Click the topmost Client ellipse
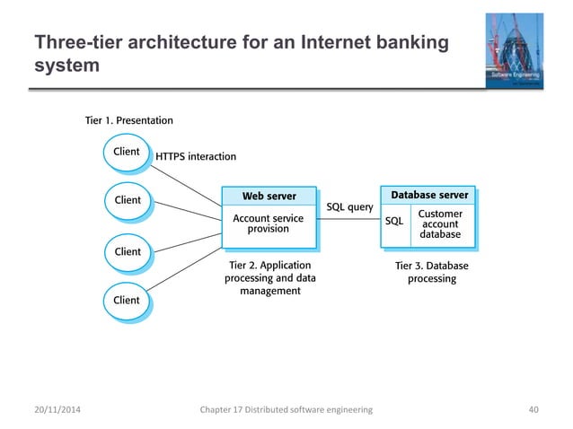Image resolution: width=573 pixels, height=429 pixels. [x=126, y=152]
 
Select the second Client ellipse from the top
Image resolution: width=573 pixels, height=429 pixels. [x=126, y=199]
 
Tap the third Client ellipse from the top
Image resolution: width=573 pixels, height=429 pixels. [x=126, y=251]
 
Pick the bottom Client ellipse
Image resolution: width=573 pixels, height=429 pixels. [x=126, y=300]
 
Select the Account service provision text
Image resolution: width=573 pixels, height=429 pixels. [x=269, y=223]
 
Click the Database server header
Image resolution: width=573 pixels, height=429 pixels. [x=428, y=195]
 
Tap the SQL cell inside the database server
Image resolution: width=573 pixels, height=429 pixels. [x=393, y=221]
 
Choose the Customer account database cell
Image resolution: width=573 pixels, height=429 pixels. [x=440, y=224]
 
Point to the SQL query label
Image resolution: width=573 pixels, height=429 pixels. [x=349, y=207]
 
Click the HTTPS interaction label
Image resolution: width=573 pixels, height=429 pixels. [x=196, y=156]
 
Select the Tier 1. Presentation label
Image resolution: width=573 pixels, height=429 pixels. [x=128, y=120]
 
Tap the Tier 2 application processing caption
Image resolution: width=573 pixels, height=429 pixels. [x=269, y=278]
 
